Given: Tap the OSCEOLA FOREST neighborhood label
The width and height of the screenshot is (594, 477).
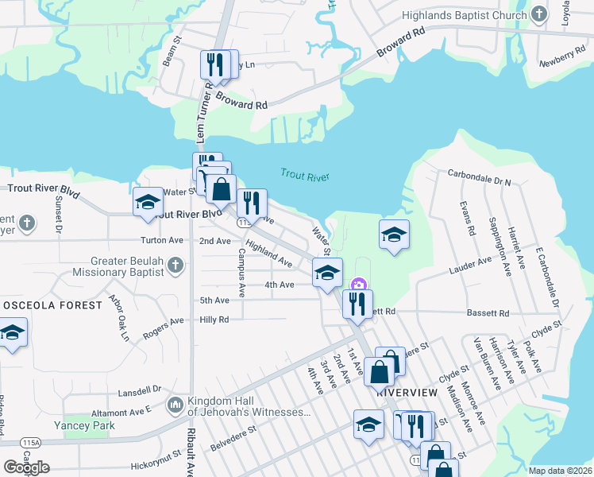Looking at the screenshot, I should pyautogui.click(x=52, y=305).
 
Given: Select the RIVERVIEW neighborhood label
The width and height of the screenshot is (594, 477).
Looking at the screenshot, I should pyautogui.click(x=407, y=393).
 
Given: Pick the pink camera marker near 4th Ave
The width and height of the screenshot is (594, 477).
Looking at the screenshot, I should pyautogui.click(x=358, y=284).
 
